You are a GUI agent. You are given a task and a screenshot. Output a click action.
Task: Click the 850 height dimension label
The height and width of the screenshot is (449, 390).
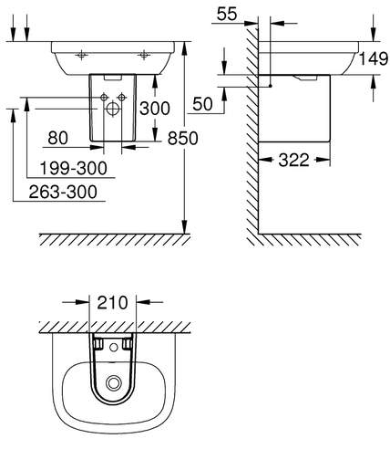[182, 138]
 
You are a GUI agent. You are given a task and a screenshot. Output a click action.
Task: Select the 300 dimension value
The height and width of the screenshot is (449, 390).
[155, 109]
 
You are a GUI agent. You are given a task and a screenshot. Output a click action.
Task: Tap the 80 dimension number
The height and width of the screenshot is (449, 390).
[57, 138]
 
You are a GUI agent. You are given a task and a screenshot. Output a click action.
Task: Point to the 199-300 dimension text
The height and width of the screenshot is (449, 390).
[74, 168]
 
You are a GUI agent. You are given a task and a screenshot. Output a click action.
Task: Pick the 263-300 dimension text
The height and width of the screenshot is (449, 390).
[63, 192]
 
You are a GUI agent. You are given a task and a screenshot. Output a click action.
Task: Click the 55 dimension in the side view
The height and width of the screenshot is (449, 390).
[227, 14]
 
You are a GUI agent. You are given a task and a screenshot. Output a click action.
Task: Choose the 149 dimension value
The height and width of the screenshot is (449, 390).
[374, 58]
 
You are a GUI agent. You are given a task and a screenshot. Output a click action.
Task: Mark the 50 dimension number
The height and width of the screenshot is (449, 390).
[202, 104]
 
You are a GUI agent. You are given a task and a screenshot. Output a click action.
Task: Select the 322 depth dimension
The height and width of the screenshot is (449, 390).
[293, 160]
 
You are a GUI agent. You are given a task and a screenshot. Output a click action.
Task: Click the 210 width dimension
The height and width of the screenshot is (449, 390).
[112, 303]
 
